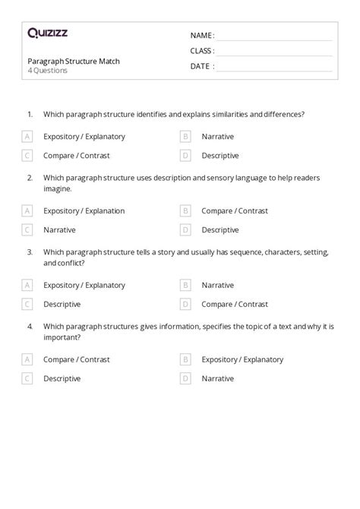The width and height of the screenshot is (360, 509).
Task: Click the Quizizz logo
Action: coord(47,33)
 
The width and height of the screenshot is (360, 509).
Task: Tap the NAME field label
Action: coord(202,36)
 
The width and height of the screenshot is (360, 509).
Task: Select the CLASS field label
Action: coord(203,51)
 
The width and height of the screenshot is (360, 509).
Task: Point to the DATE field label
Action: coord(202,66)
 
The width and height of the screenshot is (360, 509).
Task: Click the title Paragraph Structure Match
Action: coord(74,61)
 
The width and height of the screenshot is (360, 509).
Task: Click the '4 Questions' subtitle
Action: coord(47,71)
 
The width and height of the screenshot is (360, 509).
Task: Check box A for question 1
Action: coord(27,137)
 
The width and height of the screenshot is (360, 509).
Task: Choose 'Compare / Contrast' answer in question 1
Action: coord(77,156)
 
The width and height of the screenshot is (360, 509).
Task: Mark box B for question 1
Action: coord(185,137)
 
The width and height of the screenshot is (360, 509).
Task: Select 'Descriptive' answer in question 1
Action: coord(220,156)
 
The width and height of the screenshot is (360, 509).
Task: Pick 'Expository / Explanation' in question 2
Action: coord(84,210)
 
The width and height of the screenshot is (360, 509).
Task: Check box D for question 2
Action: coord(185,229)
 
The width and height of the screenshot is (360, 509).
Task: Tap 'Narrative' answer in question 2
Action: coord(59,229)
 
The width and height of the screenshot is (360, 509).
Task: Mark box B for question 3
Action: coord(185,285)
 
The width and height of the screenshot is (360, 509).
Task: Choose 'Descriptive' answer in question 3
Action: coord(62,304)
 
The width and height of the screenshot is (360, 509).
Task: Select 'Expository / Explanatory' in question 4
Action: coord(242,359)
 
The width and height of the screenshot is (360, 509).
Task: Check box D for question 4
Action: coord(185,378)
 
